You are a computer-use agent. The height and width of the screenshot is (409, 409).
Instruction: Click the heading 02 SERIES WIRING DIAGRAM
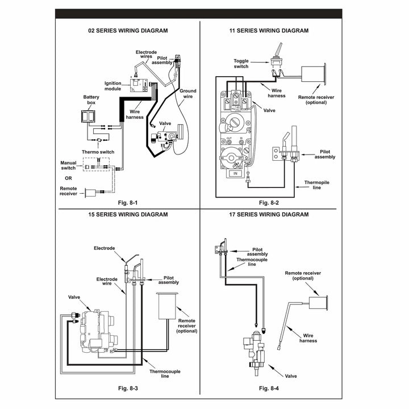(x=128, y=31)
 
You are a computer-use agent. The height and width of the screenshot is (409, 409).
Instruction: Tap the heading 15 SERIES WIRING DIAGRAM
(x=128, y=215)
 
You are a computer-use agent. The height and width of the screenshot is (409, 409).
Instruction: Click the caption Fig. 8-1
(x=128, y=203)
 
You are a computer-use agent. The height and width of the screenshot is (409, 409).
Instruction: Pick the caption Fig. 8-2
(x=269, y=203)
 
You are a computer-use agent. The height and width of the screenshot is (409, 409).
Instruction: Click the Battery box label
(x=91, y=100)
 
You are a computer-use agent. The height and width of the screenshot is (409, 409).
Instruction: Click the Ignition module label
(x=112, y=86)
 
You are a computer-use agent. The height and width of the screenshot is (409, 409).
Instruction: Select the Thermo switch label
(x=98, y=152)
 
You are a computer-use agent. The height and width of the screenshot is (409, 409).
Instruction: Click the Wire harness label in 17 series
(x=308, y=338)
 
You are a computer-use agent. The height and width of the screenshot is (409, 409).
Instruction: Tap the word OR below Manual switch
(x=68, y=177)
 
